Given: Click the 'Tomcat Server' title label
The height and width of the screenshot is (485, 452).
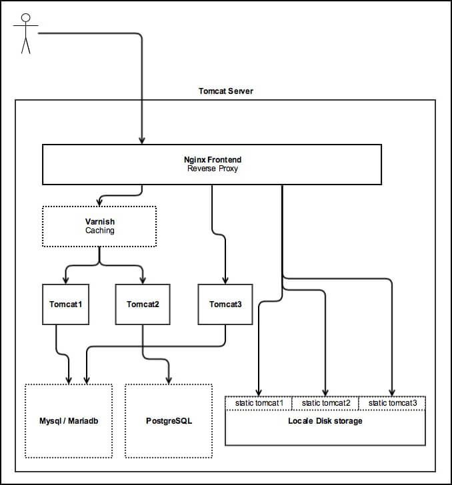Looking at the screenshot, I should pyautogui.click(x=225, y=91).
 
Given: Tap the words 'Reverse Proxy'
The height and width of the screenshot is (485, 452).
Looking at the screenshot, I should pyautogui.click(x=212, y=169).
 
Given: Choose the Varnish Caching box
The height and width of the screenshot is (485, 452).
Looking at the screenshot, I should pyautogui.click(x=99, y=226).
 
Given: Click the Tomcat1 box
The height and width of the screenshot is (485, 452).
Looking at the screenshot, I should pyautogui.click(x=65, y=304).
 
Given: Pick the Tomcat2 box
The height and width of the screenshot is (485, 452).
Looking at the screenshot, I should pyautogui.click(x=142, y=304).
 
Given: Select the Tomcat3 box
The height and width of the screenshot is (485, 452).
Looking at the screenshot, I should pyautogui.click(x=225, y=304).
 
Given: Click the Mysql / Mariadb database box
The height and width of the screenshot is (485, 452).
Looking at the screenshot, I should pyautogui.click(x=69, y=420).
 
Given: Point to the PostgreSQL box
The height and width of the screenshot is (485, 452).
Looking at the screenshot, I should pyautogui.click(x=169, y=420).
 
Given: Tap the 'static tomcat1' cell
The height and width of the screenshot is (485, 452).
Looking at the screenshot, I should pyautogui.click(x=259, y=403).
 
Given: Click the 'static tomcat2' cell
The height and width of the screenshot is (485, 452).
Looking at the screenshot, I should pyautogui.click(x=325, y=403).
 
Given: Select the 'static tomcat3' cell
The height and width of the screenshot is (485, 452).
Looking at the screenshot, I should pyautogui.click(x=392, y=403).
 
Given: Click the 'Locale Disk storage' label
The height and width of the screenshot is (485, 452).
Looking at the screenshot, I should pyautogui.click(x=325, y=421).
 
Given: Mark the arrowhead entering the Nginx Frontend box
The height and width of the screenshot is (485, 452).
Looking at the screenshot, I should pyautogui.click(x=142, y=141).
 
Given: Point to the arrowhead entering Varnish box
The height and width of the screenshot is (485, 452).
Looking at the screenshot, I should pyautogui.click(x=99, y=203).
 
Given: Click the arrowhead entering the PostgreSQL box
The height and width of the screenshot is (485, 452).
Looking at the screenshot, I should pyautogui.click(x=169, y=380).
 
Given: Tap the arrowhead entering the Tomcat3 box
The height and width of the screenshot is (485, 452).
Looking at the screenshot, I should pyautogui.click(x=225, y=280).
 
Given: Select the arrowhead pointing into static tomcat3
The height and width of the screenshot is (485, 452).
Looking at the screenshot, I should pyautogui.click(x=392, y=392).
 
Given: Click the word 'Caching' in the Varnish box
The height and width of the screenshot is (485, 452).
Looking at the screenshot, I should pyautogui.click(x=99, y=231).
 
